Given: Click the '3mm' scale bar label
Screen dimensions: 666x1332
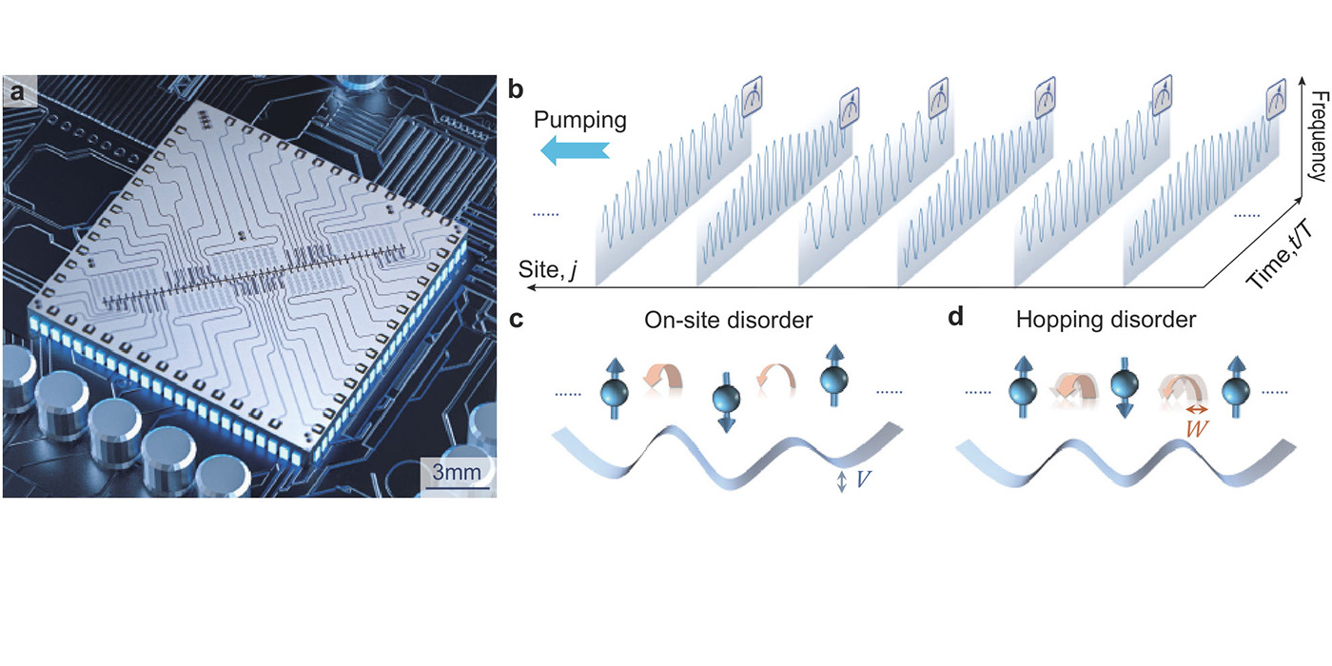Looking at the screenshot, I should coord(456,472).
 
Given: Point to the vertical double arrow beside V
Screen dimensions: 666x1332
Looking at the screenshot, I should coord(841,483).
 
